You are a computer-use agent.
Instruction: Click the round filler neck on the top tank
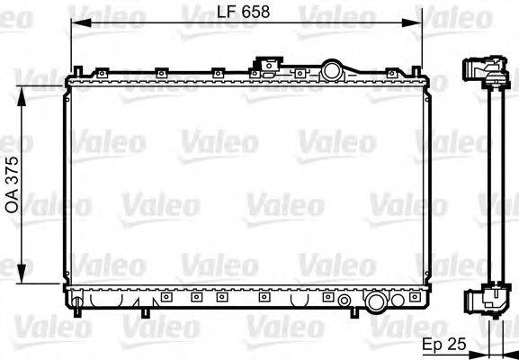tap(332, 69)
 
